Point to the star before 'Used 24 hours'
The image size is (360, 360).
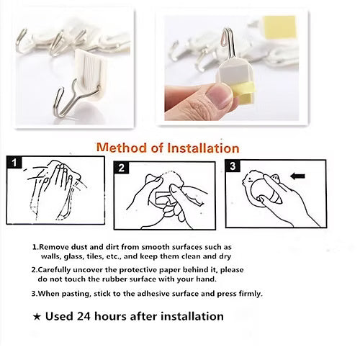(37, 316)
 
